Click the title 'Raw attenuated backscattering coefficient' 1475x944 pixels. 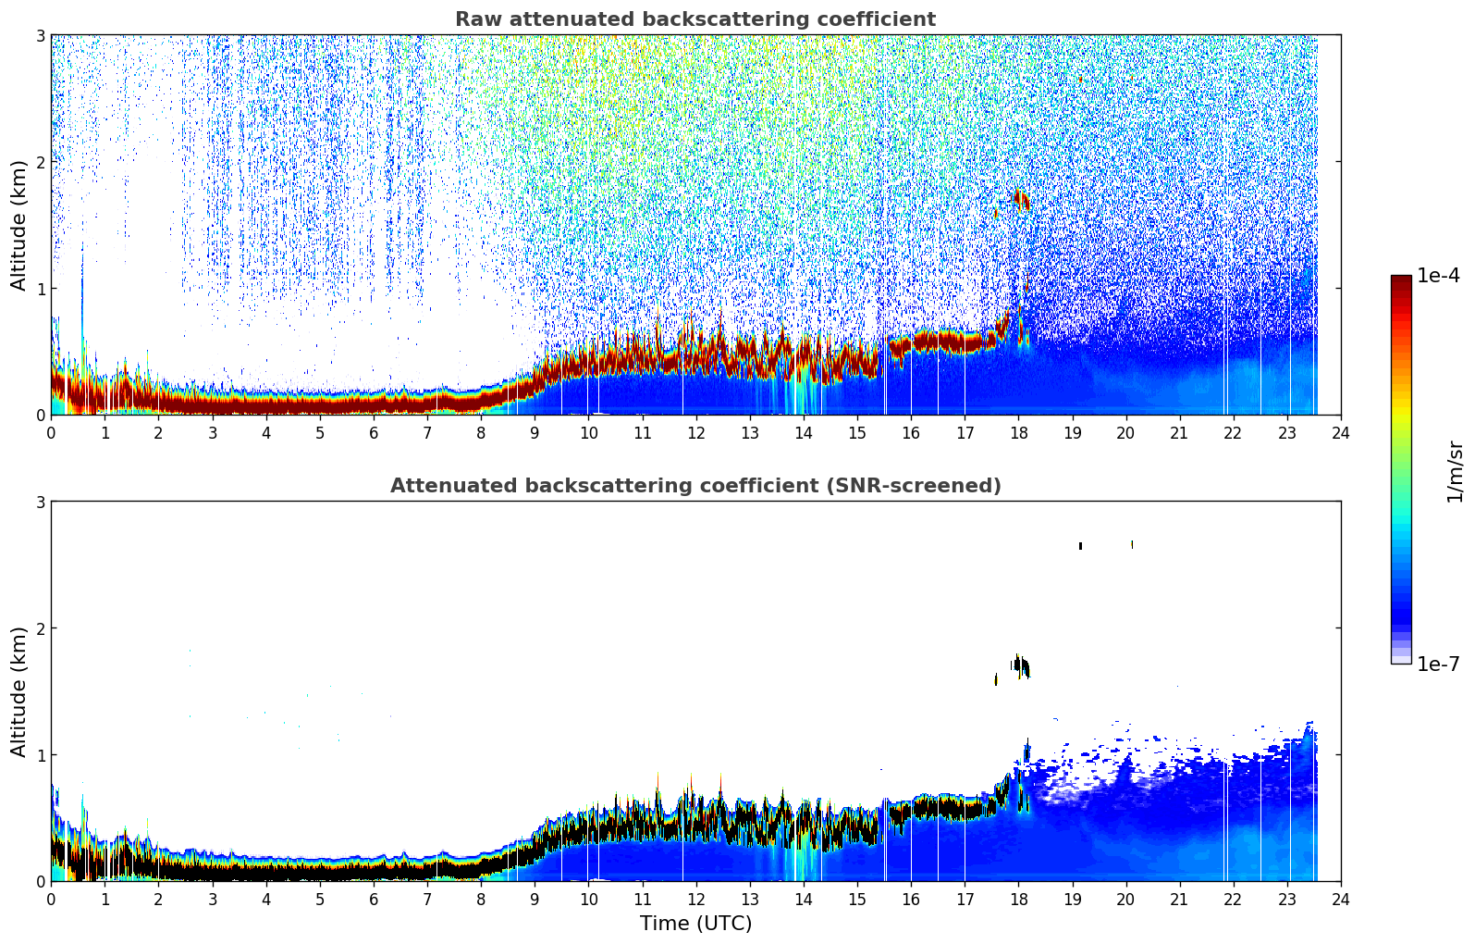tap(695, 19)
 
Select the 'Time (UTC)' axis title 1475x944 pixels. tap(695, 923)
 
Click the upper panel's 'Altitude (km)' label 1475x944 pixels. tap(18, 225)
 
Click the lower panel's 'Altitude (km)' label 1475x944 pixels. tap(18, 691)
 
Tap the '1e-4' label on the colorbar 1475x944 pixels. tap(1438, 276)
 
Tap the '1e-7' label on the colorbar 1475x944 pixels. tap(1438, 664)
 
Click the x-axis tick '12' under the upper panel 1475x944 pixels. tap(696, 433)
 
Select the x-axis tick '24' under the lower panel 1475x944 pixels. tap(1341, 900)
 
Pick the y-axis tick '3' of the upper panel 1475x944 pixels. tap(40, 35)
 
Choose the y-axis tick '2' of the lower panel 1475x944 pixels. tap(40, 628)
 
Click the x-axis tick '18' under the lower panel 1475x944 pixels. tap(1019, 900)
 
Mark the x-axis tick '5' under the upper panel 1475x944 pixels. tap(320, 433)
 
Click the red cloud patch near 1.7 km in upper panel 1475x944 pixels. tap(1021, 200)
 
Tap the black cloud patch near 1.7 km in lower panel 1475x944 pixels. tap(1021, 666)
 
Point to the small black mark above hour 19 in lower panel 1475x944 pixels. tap(1080, 546)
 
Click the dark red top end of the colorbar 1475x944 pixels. tap(1401, 279)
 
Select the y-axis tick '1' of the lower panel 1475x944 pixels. tap(40, 755)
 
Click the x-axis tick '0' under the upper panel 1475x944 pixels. tap(52, 433)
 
